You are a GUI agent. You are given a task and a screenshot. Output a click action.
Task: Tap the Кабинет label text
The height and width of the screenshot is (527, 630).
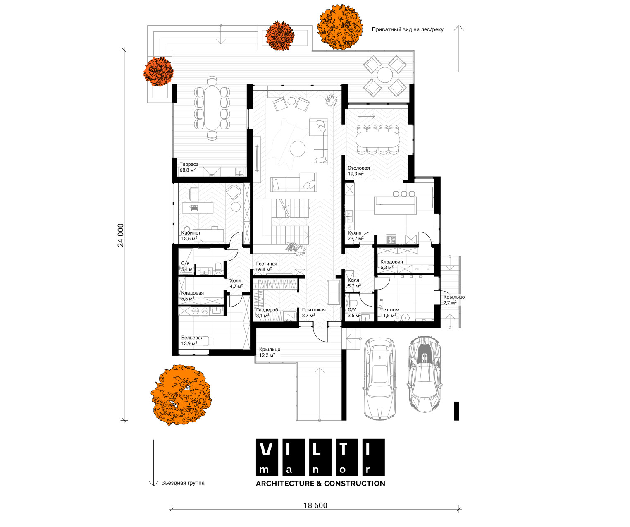191,233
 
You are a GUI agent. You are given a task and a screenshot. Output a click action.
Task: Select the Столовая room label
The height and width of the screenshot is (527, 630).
358,168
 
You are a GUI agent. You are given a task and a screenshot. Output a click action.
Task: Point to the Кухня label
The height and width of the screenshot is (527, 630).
354,233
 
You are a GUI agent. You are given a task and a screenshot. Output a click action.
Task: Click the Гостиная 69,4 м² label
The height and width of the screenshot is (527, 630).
266,266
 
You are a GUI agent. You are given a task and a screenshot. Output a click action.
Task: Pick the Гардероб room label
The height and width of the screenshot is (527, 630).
267,310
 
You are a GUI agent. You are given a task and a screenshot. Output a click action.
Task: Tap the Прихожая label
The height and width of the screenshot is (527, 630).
314,309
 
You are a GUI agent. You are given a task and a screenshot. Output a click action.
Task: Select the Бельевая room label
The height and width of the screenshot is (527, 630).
192,338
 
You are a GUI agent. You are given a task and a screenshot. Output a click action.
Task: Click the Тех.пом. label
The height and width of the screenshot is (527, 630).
390,309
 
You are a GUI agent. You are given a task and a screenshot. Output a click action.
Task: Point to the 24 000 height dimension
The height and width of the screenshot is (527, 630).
121,235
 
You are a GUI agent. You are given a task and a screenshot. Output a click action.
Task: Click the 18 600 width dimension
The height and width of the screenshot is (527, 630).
315,505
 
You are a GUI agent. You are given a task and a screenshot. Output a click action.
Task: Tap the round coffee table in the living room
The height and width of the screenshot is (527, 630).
298,148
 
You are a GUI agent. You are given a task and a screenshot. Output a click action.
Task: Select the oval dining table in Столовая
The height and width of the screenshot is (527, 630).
378,139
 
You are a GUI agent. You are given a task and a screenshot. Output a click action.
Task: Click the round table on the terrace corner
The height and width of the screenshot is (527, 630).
385,74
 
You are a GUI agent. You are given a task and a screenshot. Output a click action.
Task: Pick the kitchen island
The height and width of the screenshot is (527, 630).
395,206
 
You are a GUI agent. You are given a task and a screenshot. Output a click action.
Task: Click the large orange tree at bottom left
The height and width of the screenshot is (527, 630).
181,394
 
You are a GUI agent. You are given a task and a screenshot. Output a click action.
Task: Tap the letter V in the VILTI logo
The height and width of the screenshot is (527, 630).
266,449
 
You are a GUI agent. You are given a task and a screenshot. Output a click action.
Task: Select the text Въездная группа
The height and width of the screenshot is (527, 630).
183,483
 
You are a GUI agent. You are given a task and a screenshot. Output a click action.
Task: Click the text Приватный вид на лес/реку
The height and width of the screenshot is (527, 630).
408,29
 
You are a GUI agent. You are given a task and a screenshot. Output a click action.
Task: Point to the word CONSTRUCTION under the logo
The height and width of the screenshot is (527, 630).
355,484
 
